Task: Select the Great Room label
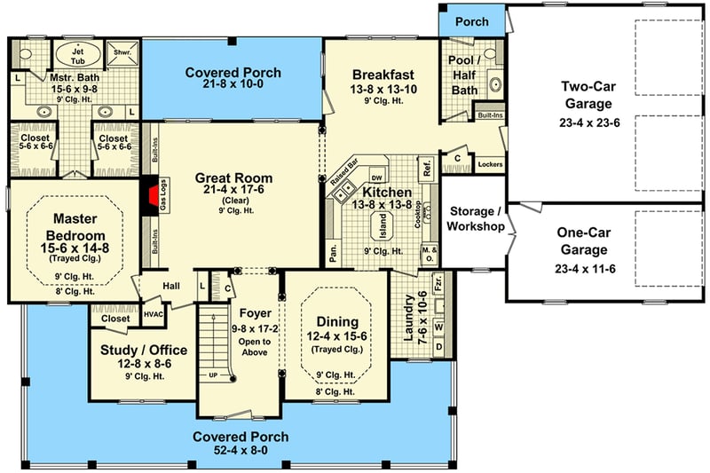coord(233,177)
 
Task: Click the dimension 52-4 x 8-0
coord(241,451)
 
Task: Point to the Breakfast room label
coord(380,74)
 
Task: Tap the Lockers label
coord(489,164)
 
